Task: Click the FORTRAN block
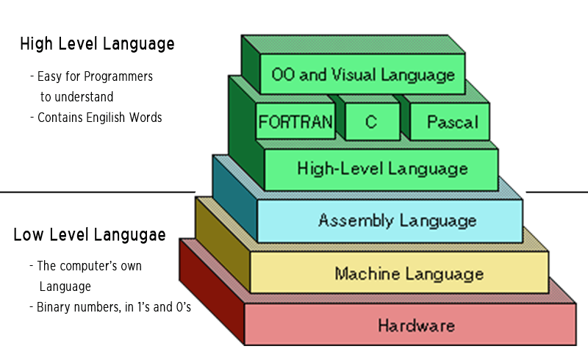(295, 122)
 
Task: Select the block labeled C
(370, 122)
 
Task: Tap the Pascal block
(452, 122)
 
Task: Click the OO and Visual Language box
(363, 75)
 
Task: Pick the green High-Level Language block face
(381, 169)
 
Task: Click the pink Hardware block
(416, 325)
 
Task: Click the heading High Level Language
(97, 43)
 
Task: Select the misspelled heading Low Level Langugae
(89, 235)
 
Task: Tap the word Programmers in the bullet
(121, 76)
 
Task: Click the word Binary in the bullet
(55, 307)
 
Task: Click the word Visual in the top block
(350, 75)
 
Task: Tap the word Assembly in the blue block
(349, 220)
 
